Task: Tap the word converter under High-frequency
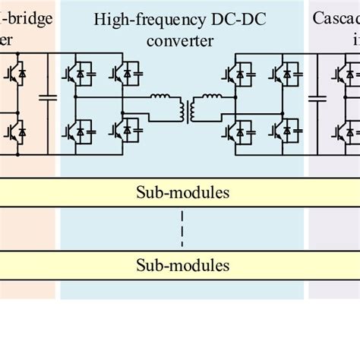pyautogui.click(x=182, y=39)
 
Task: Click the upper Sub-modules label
pyautogui.click(x=182, y=192)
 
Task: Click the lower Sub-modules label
pyautogui.click(x=182, y=265)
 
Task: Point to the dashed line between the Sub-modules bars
pyautogui.click(x=182, y=229)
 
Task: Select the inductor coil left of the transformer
pyautogui.click(x=161, y=98)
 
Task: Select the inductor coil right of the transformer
pyautogui.click(x=204, y=98)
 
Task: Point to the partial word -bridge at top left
pyautogui.click(x=27, y=17)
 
